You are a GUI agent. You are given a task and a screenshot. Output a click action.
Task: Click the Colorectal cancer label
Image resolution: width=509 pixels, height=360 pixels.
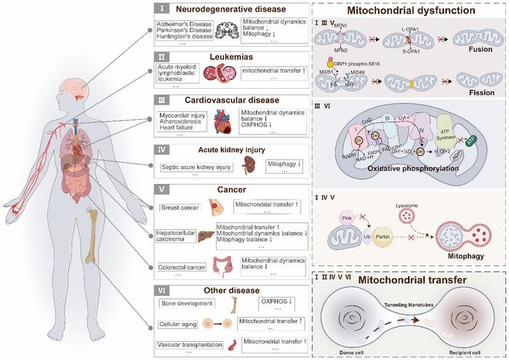(183, 264)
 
